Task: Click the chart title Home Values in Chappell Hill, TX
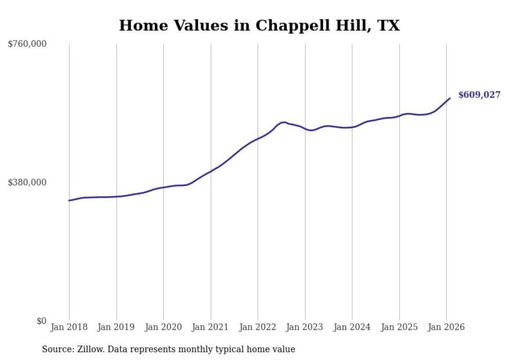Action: [x=259, y=25]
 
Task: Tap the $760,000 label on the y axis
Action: [x=27, y=44]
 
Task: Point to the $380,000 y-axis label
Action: [x=27, y=182]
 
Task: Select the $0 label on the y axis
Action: [x=41, y=321]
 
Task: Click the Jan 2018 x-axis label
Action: [x=69, y=327]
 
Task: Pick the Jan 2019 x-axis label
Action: [x=116, y=327]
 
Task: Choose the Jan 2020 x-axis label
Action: [x=163, y=327]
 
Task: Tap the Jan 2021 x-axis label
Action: [x=210, y=327]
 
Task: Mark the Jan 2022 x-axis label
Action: [x=258, y=327]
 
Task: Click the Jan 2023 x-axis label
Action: [x=305, y=327]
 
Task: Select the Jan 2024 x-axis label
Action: [x=352, y=327]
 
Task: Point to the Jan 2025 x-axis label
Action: [x=399, y=327]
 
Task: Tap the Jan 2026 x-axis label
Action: [x=446, y=327]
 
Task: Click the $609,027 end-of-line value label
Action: [x=479, y=95]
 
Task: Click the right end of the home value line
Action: [x=450, y=98]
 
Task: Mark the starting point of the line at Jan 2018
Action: [x=69, y=200]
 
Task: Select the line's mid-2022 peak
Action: [x=284, y=122]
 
